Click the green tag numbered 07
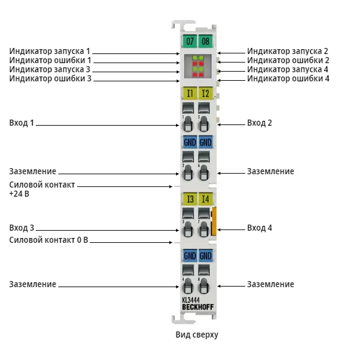[189, 41]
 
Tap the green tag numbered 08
[206, 41]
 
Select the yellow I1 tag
[189, 93]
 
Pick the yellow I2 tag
[206, 93]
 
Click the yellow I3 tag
[189, 199]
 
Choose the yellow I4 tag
[206, 199]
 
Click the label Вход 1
[21, 123]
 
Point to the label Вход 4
[260, 228]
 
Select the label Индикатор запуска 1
[50, 51]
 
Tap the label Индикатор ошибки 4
[288, 78]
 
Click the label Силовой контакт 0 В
[49, 240]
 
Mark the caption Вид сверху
[197, 335]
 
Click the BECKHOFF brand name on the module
[198, 307]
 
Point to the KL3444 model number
[191, 300]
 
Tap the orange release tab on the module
[214, 222]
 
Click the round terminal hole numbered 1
[188, 124]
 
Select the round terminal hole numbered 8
[203, 286]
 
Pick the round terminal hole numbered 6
[203, 172]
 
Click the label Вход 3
[21, 228]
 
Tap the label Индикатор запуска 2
[288, 51]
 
